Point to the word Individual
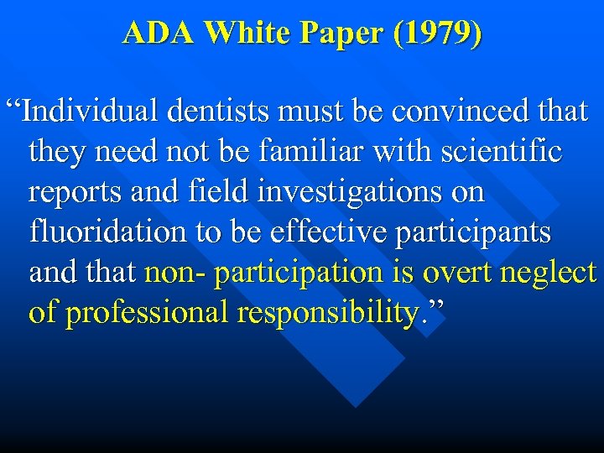click(88, 112)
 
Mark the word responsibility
click(327, 313)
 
